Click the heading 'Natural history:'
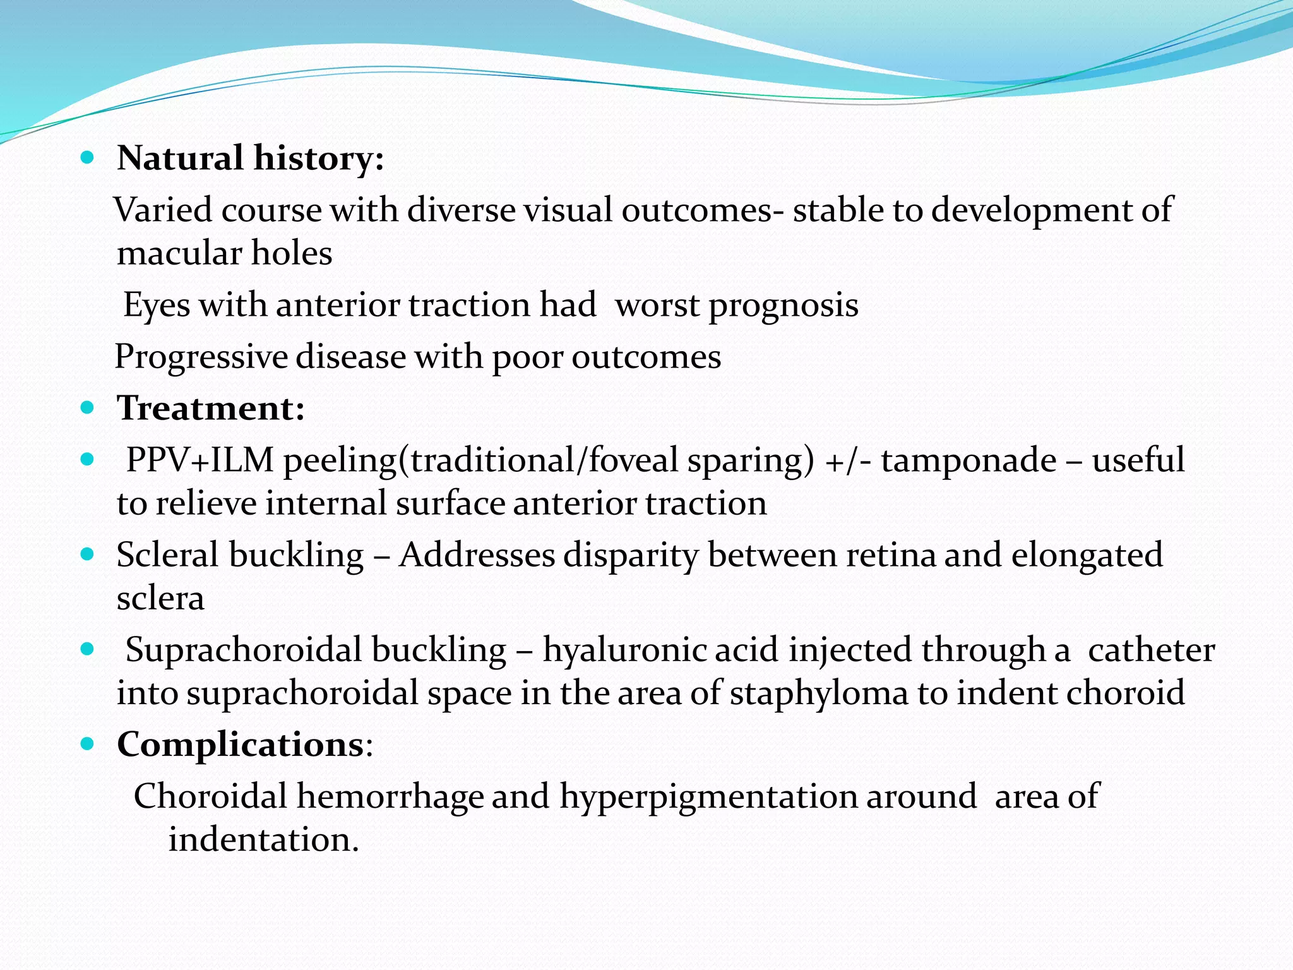pos(250,158)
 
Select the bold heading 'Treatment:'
pos(211,408)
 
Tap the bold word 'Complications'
pos(241,745)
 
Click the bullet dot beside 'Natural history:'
pos(88,157)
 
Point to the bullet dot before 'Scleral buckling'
pos(88,554)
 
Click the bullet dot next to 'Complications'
pos(88,744)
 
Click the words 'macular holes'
pos(224,254)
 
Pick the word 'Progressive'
pos(200,357)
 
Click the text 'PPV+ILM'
pos(200,460)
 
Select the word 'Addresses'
pos(477,556)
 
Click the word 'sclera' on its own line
pos(160,599)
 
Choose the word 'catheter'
pos(1151,650)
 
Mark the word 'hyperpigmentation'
pos(708,797)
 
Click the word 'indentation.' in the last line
pos(263,840)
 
